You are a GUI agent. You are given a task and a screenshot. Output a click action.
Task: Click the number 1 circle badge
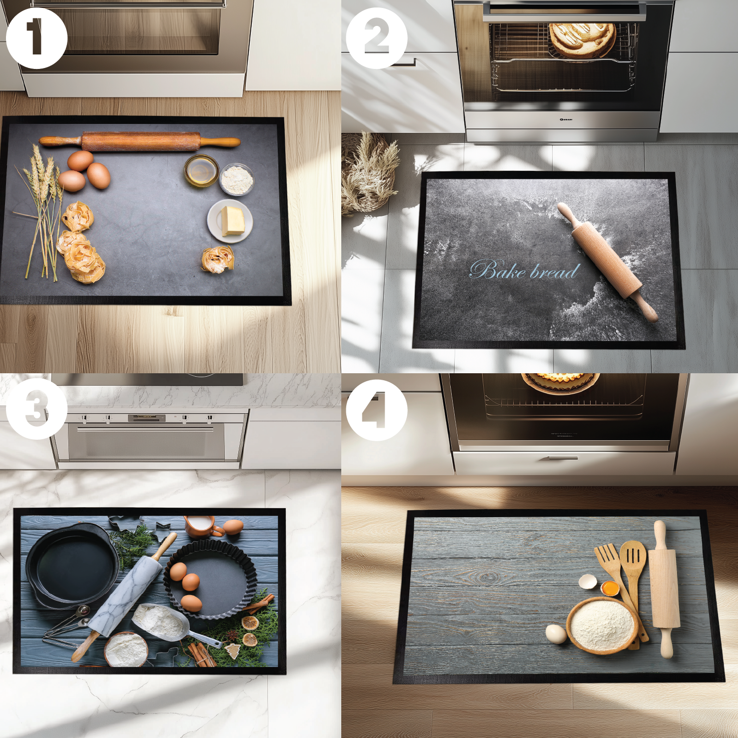pos(36,38)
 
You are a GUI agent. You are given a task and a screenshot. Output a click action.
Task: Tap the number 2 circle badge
pos(377,38)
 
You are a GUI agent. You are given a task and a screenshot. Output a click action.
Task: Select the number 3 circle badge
pos(36,409)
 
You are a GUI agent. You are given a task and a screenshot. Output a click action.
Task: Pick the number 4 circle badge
pos(377,410)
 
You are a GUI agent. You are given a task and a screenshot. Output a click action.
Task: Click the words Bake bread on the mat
pos(524,270)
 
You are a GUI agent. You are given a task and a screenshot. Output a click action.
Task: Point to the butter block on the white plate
pos(232,220)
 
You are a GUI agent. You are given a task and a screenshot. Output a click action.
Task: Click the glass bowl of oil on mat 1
pos(201,170)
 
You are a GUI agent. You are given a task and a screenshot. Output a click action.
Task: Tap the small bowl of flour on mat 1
pos(237,179)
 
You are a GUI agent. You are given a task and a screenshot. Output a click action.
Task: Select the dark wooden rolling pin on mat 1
pos(140,141)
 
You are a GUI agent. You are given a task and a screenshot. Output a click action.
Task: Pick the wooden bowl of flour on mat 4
pos(602,625)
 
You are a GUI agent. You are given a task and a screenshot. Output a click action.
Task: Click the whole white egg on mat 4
pos(556,634)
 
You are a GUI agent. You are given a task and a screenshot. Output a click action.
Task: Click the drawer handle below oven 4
pos(563,458)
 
